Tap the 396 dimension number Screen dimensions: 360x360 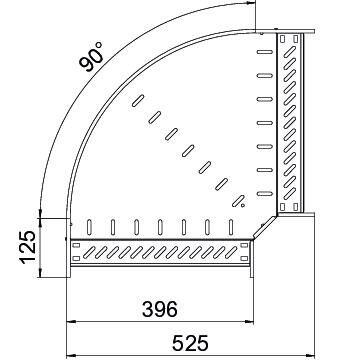coord(160,307)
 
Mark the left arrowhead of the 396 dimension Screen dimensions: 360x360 coord(71,322)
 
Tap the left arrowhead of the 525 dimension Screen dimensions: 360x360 coord(71,355)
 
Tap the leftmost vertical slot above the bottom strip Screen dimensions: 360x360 coord(92,227)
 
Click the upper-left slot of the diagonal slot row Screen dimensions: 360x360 coord(136,100)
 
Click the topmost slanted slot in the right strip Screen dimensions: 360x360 coord(291,46)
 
